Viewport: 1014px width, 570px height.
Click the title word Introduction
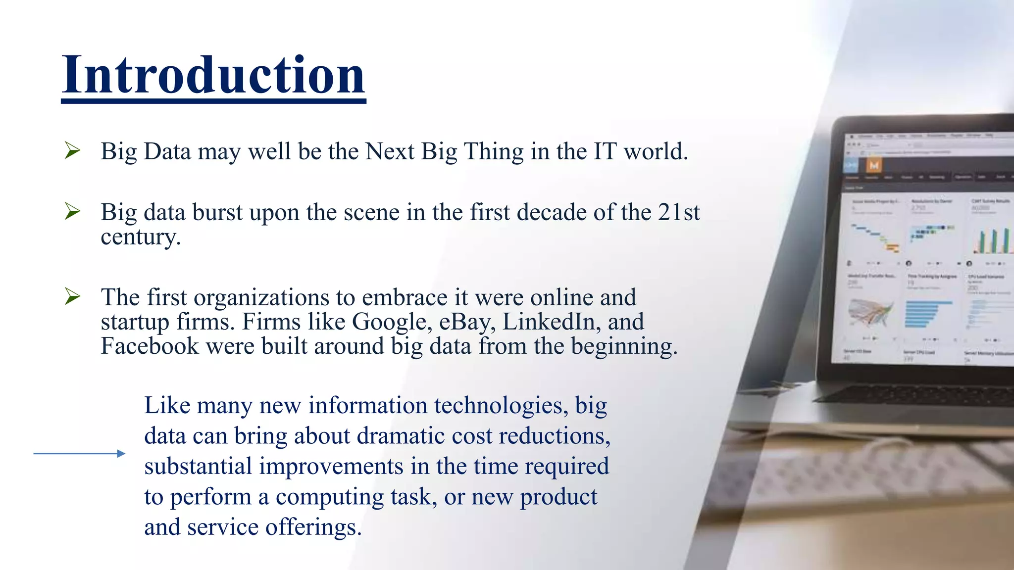click(x=213, y=75)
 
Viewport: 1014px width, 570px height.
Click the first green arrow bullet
click(x=72, y=150)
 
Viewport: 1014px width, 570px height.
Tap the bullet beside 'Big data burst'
click(x=72, y=212)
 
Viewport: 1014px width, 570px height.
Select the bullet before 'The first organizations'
click(x=72, y=297)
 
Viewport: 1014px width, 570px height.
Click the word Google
click(x=389, y=322)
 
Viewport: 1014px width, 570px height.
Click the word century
click(x=140, y=237)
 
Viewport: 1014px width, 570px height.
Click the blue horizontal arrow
click(x=79, y=453)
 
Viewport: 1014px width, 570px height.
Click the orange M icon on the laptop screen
click(x=874, y=165)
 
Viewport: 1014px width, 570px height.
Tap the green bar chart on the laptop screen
click(x=993, y=240)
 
